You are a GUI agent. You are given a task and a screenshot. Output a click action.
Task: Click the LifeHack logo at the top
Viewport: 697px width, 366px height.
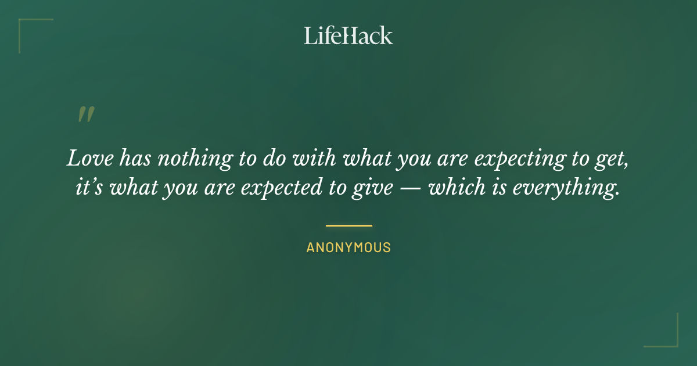(348, 35)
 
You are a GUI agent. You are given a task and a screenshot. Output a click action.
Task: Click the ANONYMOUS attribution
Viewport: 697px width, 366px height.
(348, 247)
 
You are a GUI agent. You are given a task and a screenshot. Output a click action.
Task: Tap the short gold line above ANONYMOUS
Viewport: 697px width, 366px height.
(348, 225)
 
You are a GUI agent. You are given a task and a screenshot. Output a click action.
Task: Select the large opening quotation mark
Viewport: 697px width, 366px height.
(86, 114)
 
